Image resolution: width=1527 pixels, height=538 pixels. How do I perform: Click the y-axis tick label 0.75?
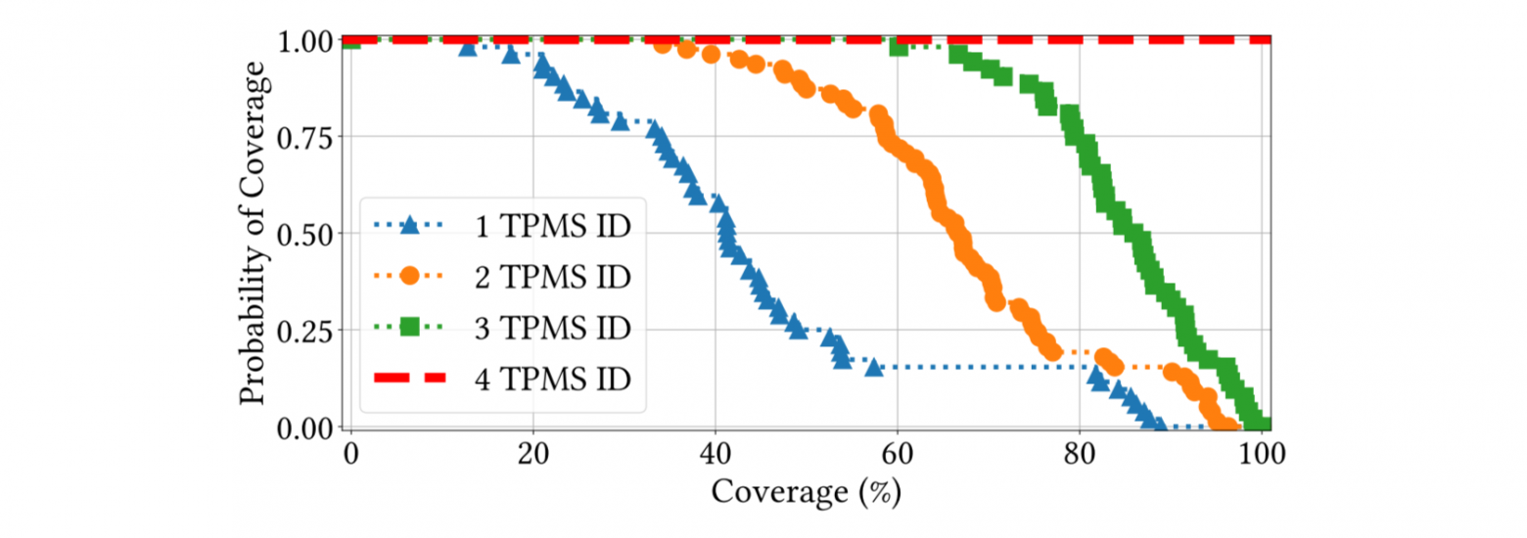[x=306, y=137]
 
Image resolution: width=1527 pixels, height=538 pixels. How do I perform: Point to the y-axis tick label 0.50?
[x=306, y=234]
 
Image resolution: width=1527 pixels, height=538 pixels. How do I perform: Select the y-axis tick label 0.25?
[x=306, y=331]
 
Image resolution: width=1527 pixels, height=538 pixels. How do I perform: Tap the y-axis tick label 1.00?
[x=306, y=40]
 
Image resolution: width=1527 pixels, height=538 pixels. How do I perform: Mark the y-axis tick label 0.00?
[x=306, y=427]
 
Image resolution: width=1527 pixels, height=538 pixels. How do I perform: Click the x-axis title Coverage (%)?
[x=806, y=491]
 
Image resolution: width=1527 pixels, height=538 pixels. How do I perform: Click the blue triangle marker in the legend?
[x=409, y=227]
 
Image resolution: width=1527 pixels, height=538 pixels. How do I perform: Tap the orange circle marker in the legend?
[x=409, y=277]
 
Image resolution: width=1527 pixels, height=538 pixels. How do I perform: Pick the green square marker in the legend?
[x=409, y=326]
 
